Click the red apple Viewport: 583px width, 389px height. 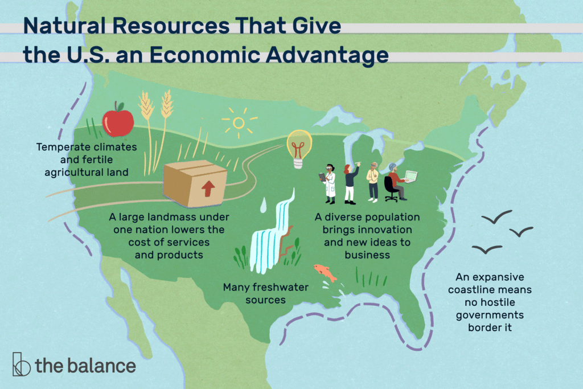point(118,121)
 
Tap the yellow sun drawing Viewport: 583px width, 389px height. point(238,122)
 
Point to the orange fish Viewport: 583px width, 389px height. point(326,273)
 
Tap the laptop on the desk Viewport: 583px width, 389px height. point(409,176)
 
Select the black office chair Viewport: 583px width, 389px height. point(390,189)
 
